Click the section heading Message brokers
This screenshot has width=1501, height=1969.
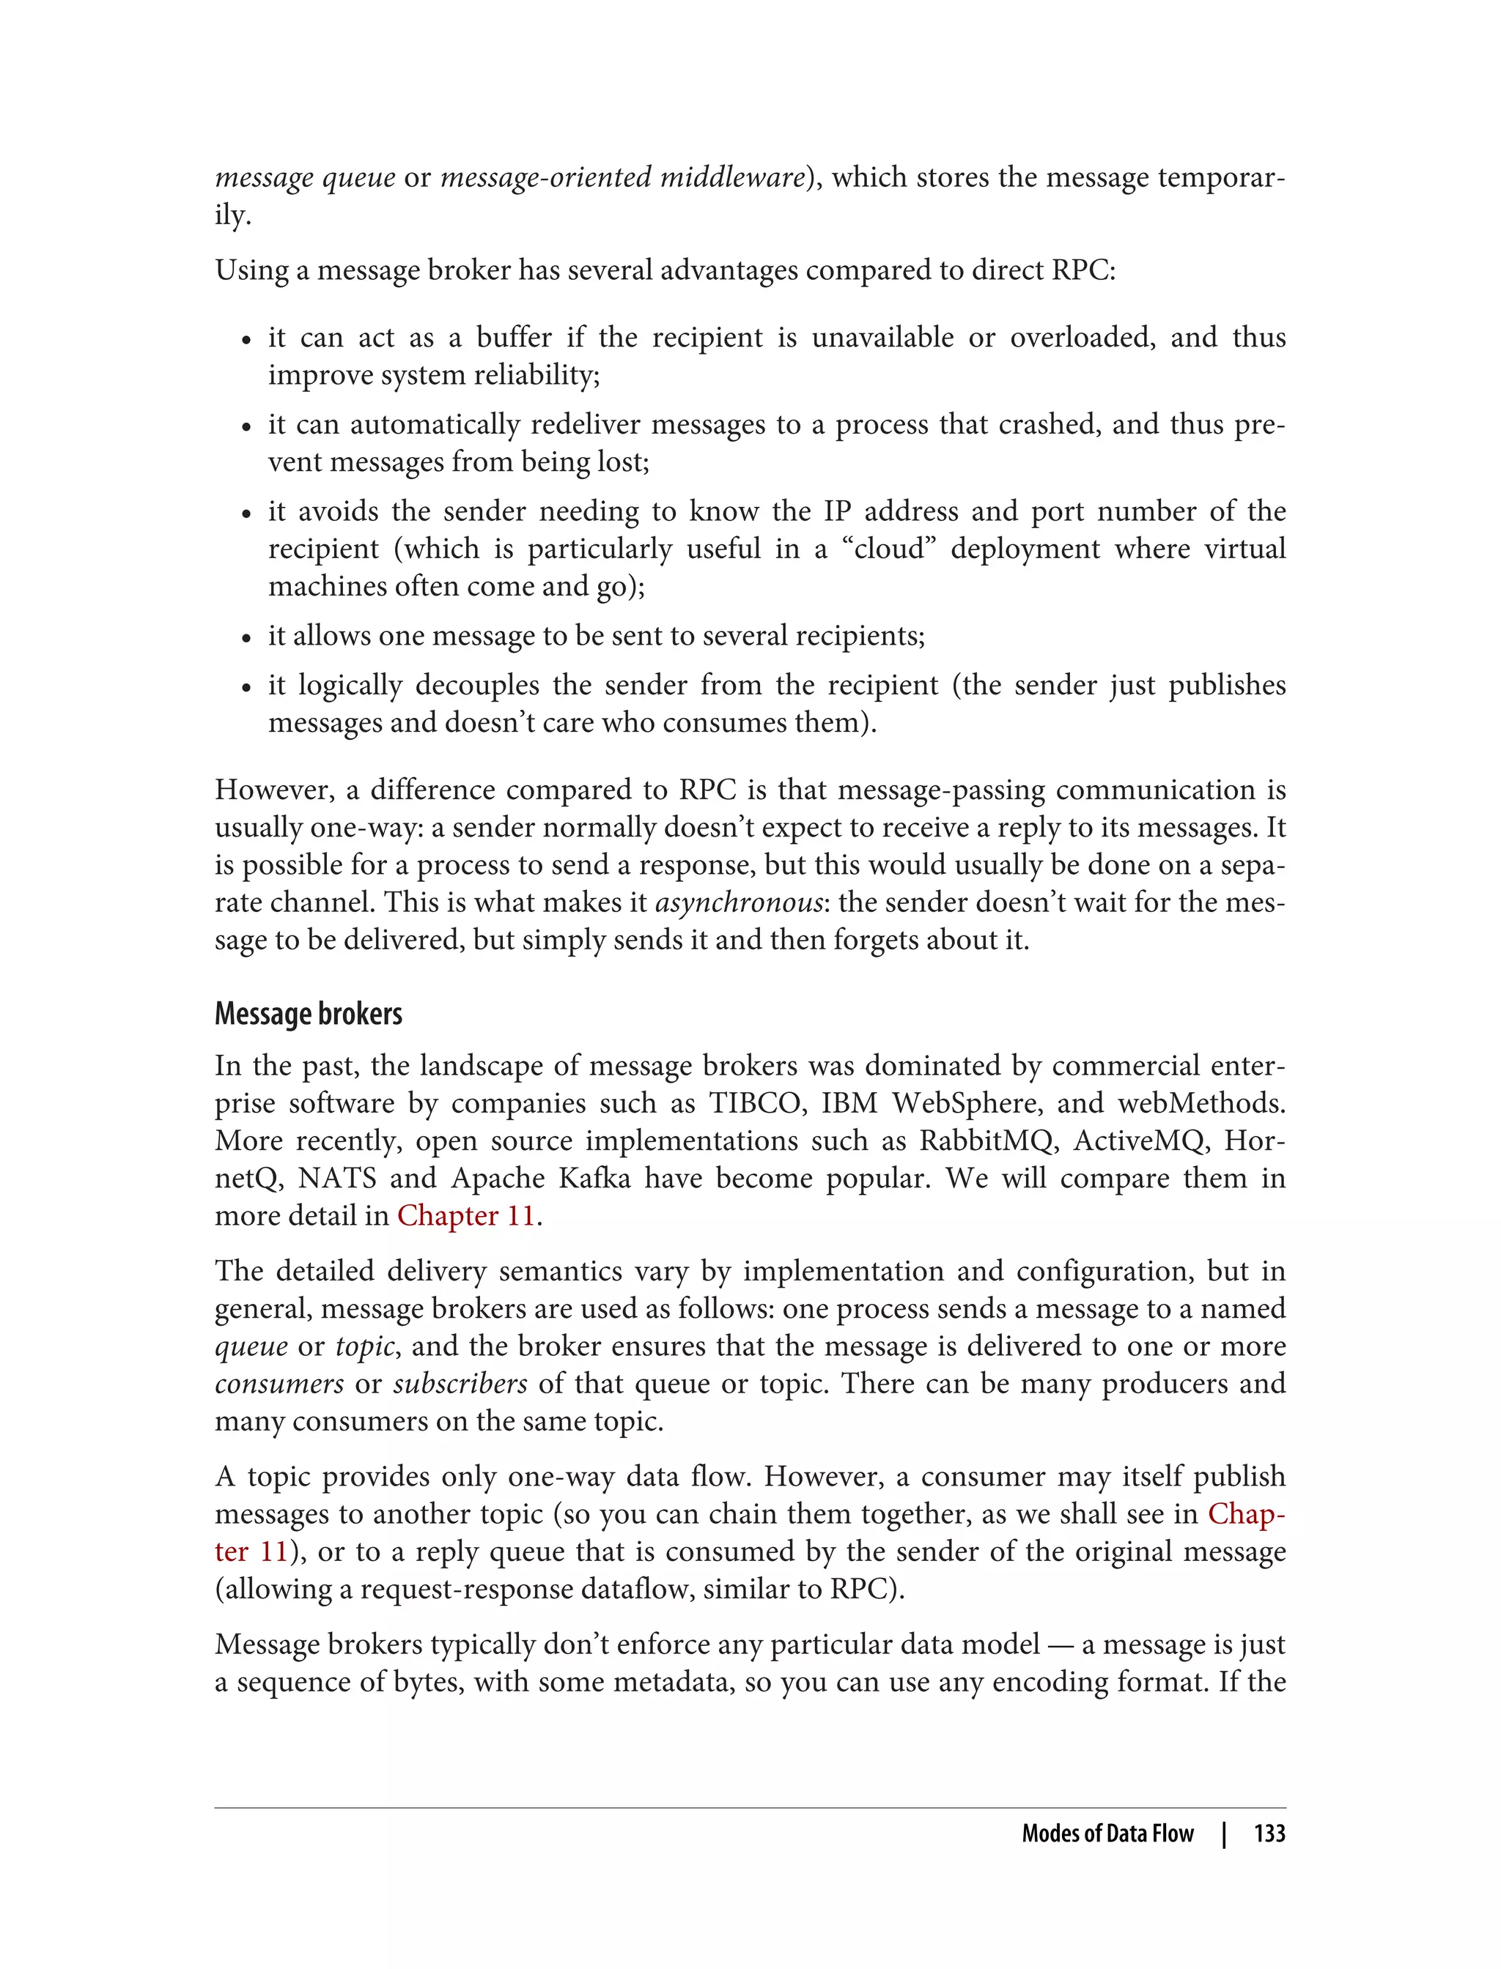coord(309,1014)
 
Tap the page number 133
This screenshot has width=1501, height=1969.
coord(1269,1833)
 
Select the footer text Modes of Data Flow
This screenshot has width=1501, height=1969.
coord(1108,1833)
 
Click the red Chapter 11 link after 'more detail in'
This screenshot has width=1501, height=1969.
coord(465,1215)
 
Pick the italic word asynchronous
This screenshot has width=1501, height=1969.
coord(739,902)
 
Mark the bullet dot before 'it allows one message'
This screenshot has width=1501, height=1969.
coord(246,637)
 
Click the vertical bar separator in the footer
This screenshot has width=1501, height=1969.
coord(1224,1833)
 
